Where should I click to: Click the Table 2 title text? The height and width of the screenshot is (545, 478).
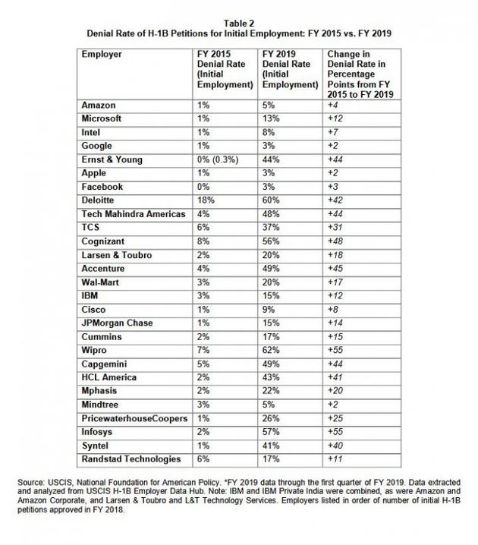[239, 24]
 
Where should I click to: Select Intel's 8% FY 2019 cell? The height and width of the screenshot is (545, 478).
[267, 131]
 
